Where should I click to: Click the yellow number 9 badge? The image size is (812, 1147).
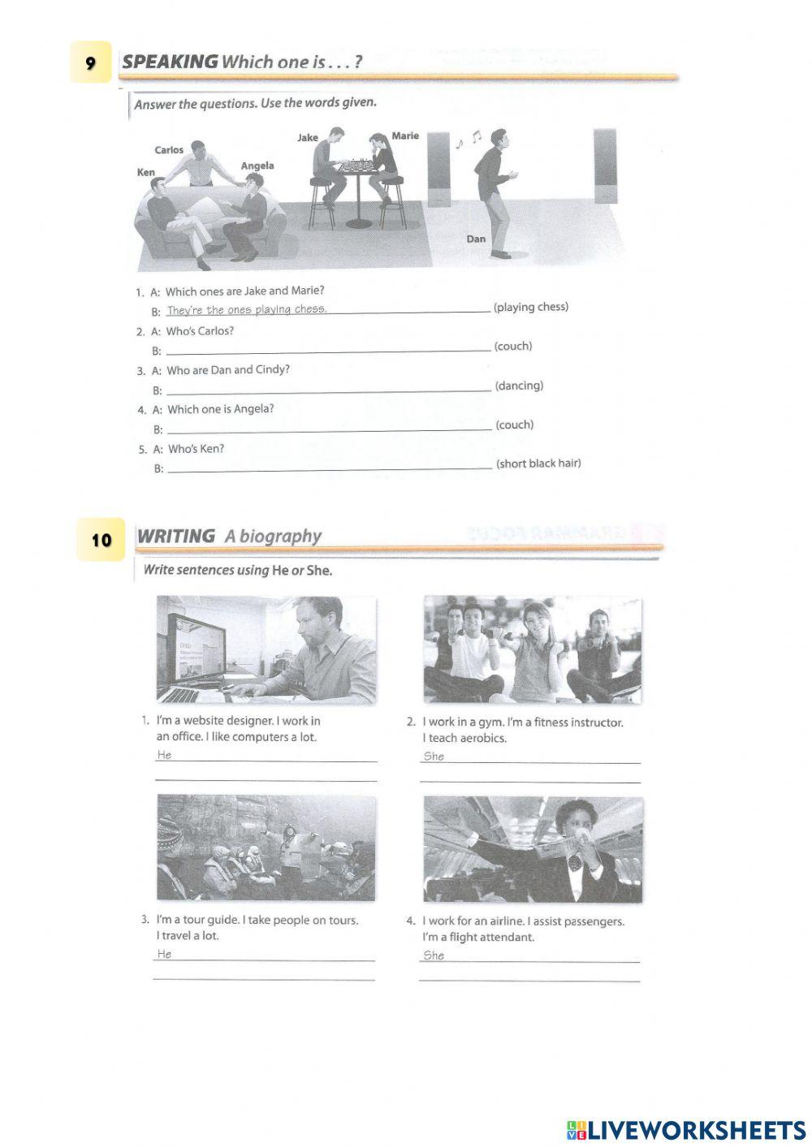coord(90,63)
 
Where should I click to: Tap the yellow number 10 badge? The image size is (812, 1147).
coord(101,540)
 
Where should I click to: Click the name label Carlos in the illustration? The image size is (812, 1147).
coord(169,150)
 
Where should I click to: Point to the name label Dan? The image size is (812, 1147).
coord(476,239)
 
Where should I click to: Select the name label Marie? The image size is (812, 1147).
coord(405,136)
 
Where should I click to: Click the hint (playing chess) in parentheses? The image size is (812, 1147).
coord(531,307)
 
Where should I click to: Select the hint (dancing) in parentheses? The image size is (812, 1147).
coord(519,386)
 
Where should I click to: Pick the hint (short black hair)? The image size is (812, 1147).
coord(538,464)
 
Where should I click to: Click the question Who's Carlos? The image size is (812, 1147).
coord(200,331)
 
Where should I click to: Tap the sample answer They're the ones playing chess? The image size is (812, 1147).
coord(246,309)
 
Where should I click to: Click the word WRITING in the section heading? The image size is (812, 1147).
coord(176,536)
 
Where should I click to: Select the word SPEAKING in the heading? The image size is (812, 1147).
coord(170,62)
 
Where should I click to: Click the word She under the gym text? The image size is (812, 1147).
coord(434,756)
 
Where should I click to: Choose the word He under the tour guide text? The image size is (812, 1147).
coord(165,954)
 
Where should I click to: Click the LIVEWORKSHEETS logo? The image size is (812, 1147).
coord(686,1129)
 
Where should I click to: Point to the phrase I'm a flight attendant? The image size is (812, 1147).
coord(478,937)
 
